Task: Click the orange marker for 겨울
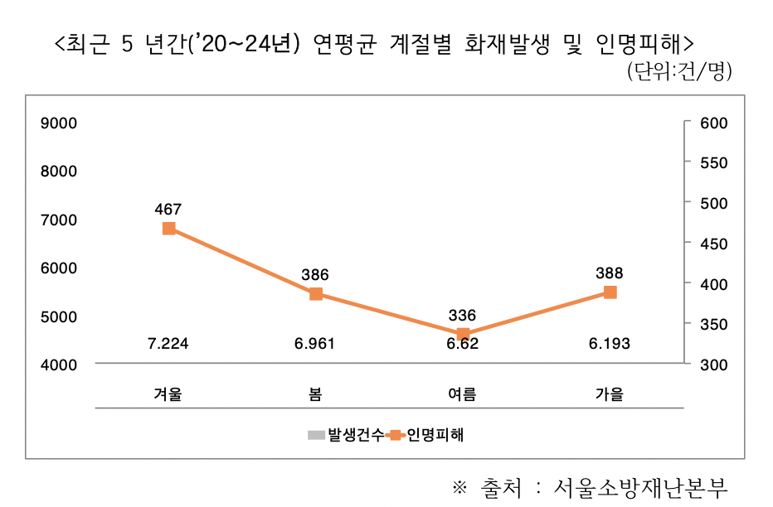point(168,229)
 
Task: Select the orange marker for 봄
point(315,294)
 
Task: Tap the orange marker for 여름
point(463,334)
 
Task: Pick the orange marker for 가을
point(610,292)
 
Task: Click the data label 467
point(168,209)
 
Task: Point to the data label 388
point(610,273)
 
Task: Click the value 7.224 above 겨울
point(168,344)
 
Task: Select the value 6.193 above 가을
point(610,344)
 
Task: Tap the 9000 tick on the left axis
point(59,123)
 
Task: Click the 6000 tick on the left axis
point(59,268)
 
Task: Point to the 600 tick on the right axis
point(714,123)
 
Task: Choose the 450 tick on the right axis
point(714,244)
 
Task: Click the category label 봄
point(315,394)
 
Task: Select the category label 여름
point(463,394)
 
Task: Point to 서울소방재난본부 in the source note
point(641,487)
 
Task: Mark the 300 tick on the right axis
point(714,365)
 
